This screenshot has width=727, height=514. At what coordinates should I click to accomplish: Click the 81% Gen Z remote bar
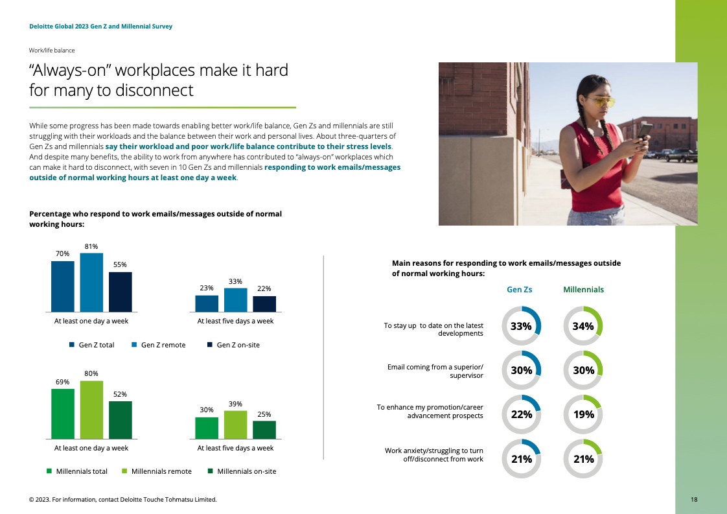coord(91,282)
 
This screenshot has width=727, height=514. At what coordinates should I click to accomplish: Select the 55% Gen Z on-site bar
coord(120,292)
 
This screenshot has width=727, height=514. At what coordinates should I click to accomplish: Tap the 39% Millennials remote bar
coord(236,425)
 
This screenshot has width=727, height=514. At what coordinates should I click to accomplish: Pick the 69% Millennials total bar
coord(63,414)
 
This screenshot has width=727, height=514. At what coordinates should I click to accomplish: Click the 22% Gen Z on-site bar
coord(264,304)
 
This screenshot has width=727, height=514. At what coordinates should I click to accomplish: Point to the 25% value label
coord(264,414)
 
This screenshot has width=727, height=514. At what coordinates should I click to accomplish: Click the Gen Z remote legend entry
coord(159,345)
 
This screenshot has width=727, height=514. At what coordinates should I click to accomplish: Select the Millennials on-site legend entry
coord(242,471)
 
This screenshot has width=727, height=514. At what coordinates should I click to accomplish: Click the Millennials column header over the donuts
coord(583,290)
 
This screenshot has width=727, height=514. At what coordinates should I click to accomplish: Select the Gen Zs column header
coord(519,290)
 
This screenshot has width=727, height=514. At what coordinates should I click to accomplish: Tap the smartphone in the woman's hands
coord(643,132)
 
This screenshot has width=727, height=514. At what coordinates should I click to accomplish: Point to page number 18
coord(694,500)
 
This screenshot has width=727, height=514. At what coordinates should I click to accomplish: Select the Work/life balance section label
coord(52,50)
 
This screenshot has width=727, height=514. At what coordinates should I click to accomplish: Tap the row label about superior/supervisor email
coord(435,371)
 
